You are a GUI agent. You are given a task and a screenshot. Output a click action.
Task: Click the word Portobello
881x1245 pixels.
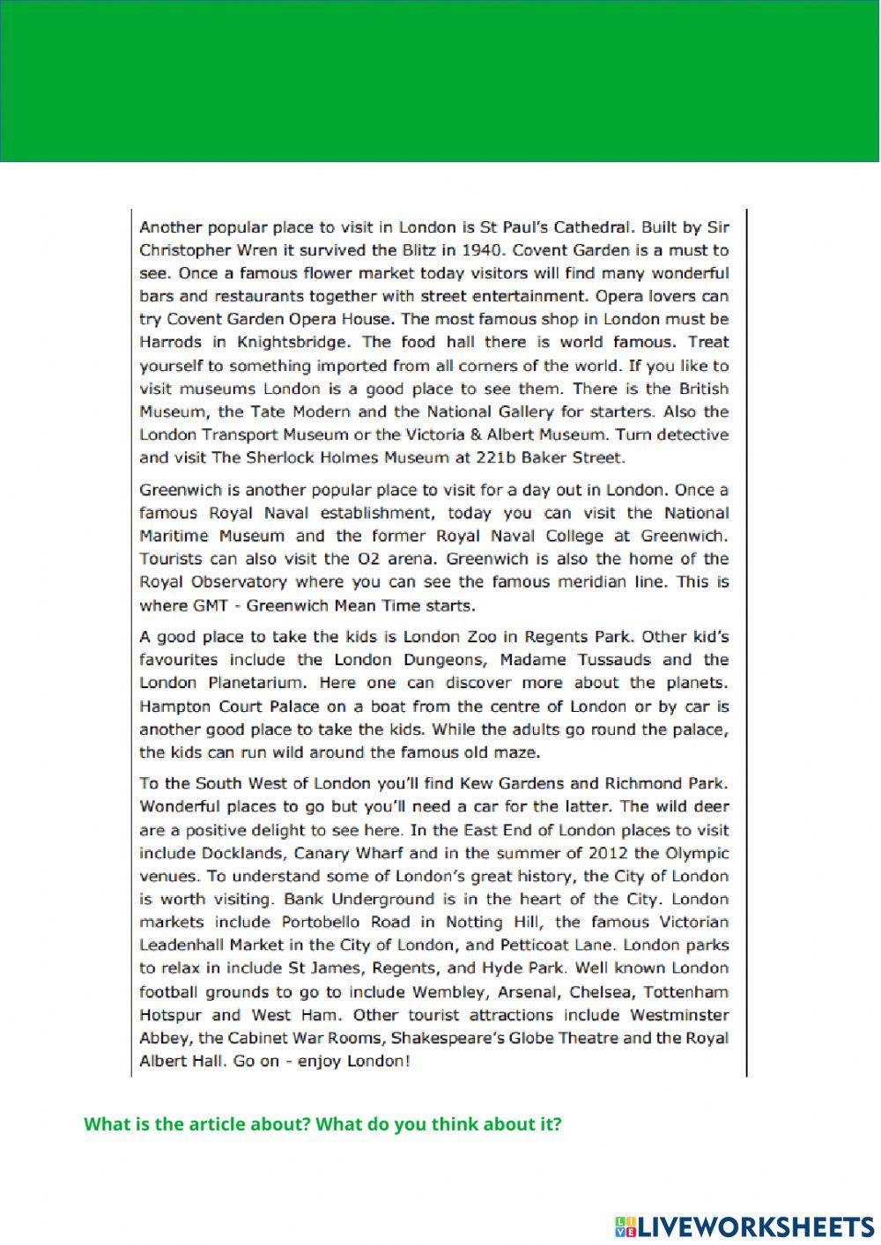(x=324, y=923)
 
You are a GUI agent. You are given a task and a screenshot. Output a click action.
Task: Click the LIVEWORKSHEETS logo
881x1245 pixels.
(x=744, y=1226)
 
